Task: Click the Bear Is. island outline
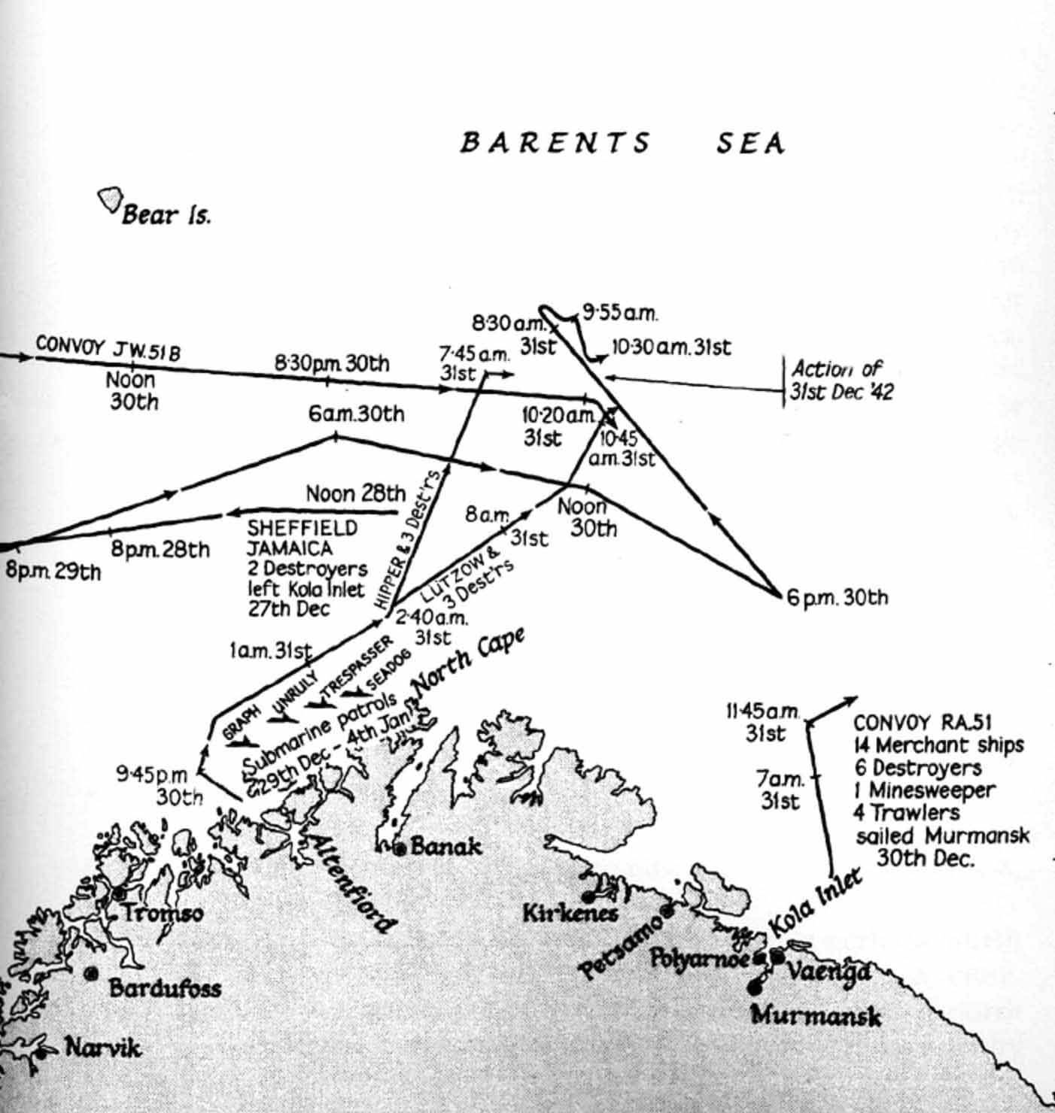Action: (x=110, y=200)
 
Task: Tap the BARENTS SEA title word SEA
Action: (x=750, y=144)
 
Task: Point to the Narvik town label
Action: (x=102, y=1047)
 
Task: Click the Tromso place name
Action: (x=163, y=914)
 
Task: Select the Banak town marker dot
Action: (x=401, y=848)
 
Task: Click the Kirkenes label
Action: (x=570, y=913)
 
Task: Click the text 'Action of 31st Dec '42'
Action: (x=841, y=381)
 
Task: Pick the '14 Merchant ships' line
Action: (x=938, y=745)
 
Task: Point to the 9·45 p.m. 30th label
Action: (x=160, y=785)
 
